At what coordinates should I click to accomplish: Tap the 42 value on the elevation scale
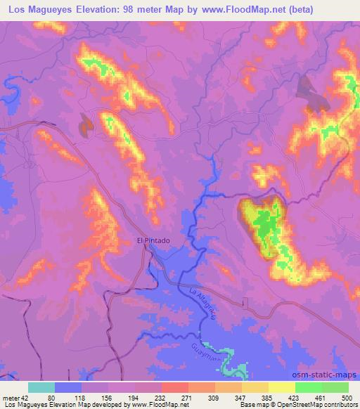click(25, 398)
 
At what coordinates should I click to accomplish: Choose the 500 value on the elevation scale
click(345, 398)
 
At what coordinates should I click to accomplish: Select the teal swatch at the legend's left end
click(41, 387)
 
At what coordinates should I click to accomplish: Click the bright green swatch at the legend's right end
click(335, 387)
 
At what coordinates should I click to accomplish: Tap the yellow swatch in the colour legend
click(281, 387)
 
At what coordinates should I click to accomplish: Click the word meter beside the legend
click(10, 398)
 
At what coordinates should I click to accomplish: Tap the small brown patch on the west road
click(86, 125)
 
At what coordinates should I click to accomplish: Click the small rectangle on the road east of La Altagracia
click(245, 303)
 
